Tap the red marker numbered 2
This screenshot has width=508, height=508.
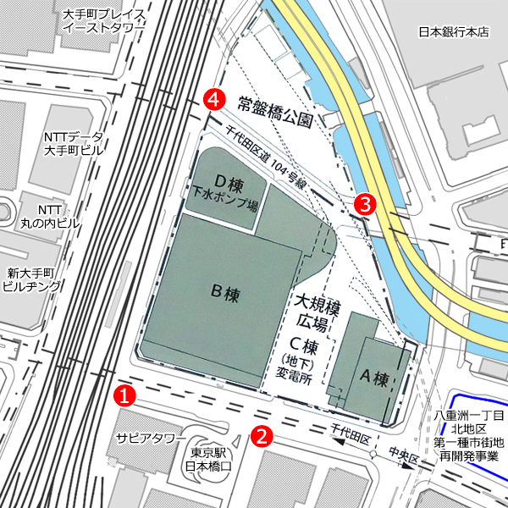[262, 436]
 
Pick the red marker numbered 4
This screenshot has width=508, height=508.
[216, 99]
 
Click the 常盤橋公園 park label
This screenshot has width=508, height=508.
[275, 106]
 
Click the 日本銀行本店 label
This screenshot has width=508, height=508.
[455, 32]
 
